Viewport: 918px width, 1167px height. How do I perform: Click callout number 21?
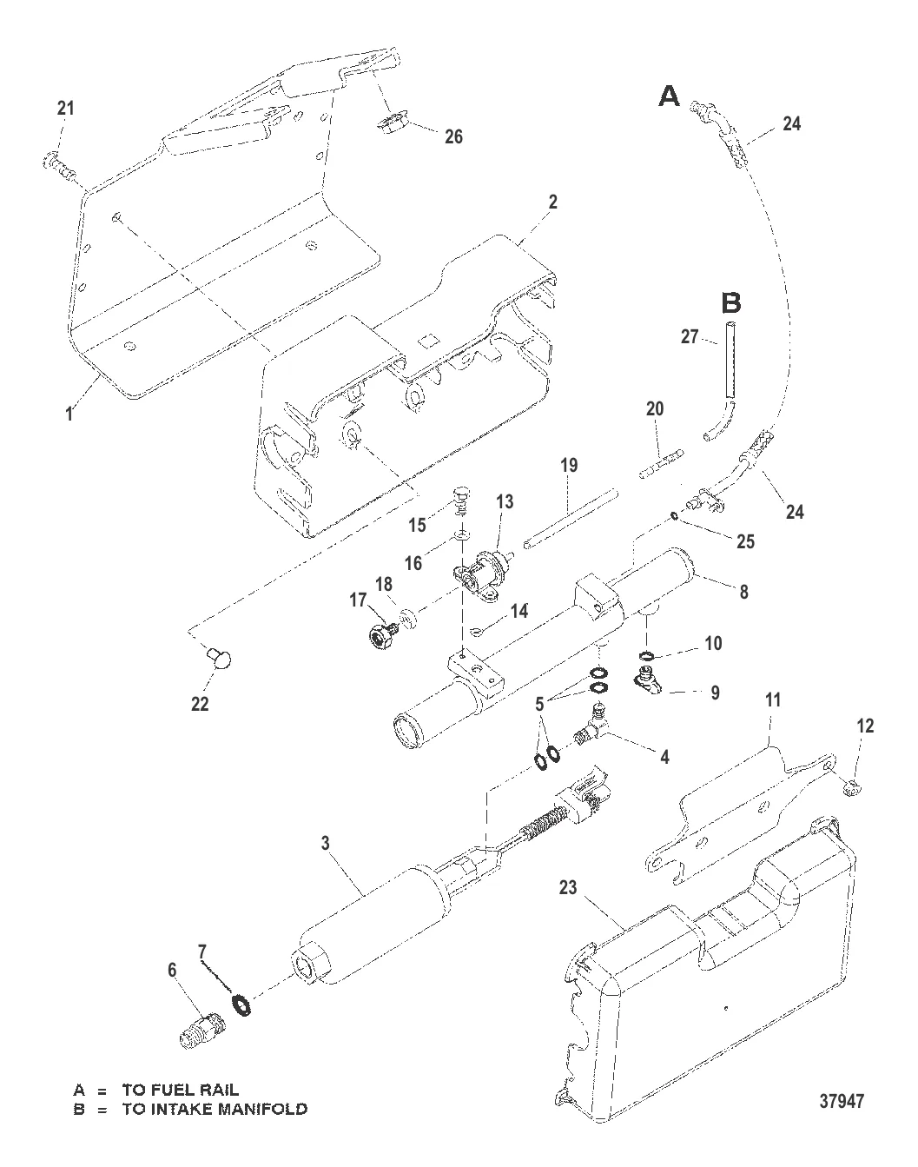(66, 109)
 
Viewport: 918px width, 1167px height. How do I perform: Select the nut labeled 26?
(392, 123)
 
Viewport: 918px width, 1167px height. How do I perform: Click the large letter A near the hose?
(669, 96)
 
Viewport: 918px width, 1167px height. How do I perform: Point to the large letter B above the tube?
(731, 303)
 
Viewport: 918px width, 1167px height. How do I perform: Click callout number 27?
(690, 336)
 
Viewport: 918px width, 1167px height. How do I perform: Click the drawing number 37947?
(842, 1101)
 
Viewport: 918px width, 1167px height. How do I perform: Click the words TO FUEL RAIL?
(180, 1090)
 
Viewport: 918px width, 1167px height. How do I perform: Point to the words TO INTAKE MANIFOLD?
(215, 1109)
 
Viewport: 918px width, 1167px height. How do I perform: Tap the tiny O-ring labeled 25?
(675, 518)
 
